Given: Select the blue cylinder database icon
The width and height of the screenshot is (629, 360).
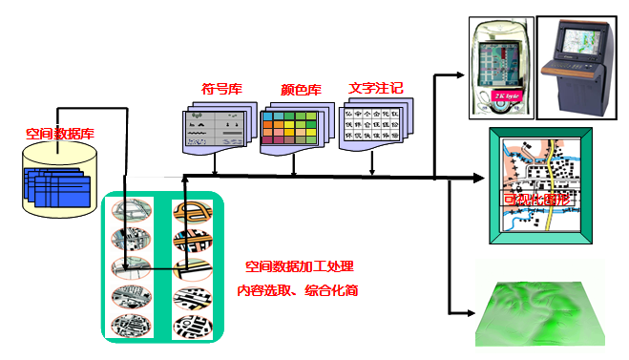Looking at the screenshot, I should click(x=56, y=180).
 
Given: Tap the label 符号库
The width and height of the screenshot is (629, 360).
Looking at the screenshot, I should click(x=221, y=90).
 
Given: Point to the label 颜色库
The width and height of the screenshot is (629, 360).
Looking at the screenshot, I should click(x=301, y=91).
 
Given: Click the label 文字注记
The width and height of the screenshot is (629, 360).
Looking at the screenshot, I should click(x=375, y=88).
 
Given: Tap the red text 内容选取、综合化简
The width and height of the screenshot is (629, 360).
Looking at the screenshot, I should click(x=297, y=289).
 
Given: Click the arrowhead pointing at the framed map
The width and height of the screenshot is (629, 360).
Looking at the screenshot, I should click(x=482, y=178).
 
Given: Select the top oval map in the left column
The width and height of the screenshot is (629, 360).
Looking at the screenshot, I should click(x=131, y=209).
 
